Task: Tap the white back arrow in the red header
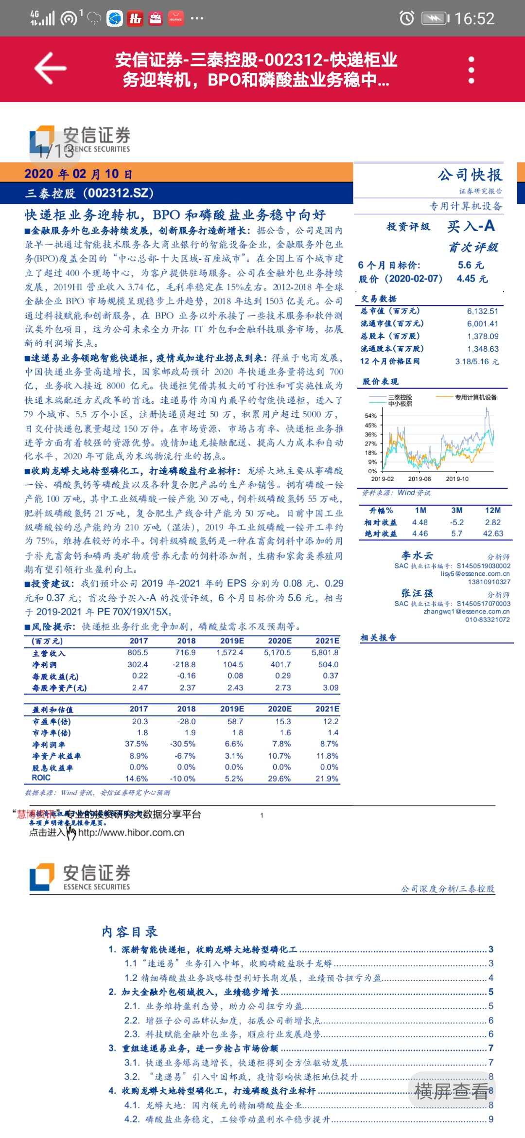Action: [x=50, y=69]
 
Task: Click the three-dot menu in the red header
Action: [x=471, y=70]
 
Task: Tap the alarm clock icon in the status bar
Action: [x=406, y=18]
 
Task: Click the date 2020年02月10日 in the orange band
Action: [x=78, y=174]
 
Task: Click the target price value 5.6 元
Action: [x=471, y=265]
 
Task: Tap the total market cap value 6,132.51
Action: [x=482, y=311]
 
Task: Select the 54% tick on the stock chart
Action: [x=370, y=416]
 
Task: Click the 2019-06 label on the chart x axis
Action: [x=419, y=479]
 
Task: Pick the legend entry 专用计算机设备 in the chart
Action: [x=475, y=397]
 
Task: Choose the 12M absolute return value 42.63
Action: [x=493, y=533]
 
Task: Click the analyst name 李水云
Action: [x=417, y=555]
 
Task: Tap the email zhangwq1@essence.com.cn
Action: [x=466, y=611]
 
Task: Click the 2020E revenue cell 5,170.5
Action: [x=277, y=653]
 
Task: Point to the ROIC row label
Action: [x=41, y=778]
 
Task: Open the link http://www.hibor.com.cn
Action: [x=131, y=833]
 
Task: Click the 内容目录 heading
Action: [x=130, y=932]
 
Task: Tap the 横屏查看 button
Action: [x=451, y=1092]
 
